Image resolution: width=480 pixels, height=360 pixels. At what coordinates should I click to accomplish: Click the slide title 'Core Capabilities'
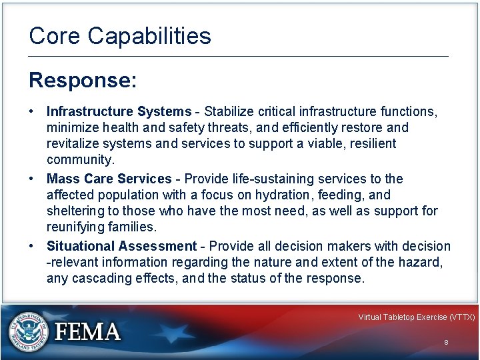pyautogui.click(x=120, y=36)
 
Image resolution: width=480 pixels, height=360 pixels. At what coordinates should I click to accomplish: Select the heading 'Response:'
pyautogui.click(x=83, y=80)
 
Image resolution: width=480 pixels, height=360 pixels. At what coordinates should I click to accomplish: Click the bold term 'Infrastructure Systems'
pyautogui.click(x=119, y=111)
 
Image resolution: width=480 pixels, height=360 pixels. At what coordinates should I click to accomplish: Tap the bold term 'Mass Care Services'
pyautogui.click(x=109, y=179)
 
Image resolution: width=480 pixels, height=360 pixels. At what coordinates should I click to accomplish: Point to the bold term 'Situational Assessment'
pyautogui.click(x=121, y=246)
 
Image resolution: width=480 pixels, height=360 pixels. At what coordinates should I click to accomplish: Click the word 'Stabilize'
pyautogui.click(x=230, y=111)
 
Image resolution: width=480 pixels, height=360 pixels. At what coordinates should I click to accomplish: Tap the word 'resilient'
pyautogui.click(x=371, y=143)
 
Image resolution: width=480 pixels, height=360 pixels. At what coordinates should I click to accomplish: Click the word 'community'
pyautogui.click(x=79, y=160)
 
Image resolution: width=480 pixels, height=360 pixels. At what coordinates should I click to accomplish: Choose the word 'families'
pyautogui.click(x=135, y=228)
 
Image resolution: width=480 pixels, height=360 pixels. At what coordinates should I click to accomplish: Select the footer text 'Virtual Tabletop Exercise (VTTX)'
pyautogui.click(x=416, y=317)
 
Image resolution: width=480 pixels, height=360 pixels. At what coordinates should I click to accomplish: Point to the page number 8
pyautogui.click(x=445, y=342)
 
